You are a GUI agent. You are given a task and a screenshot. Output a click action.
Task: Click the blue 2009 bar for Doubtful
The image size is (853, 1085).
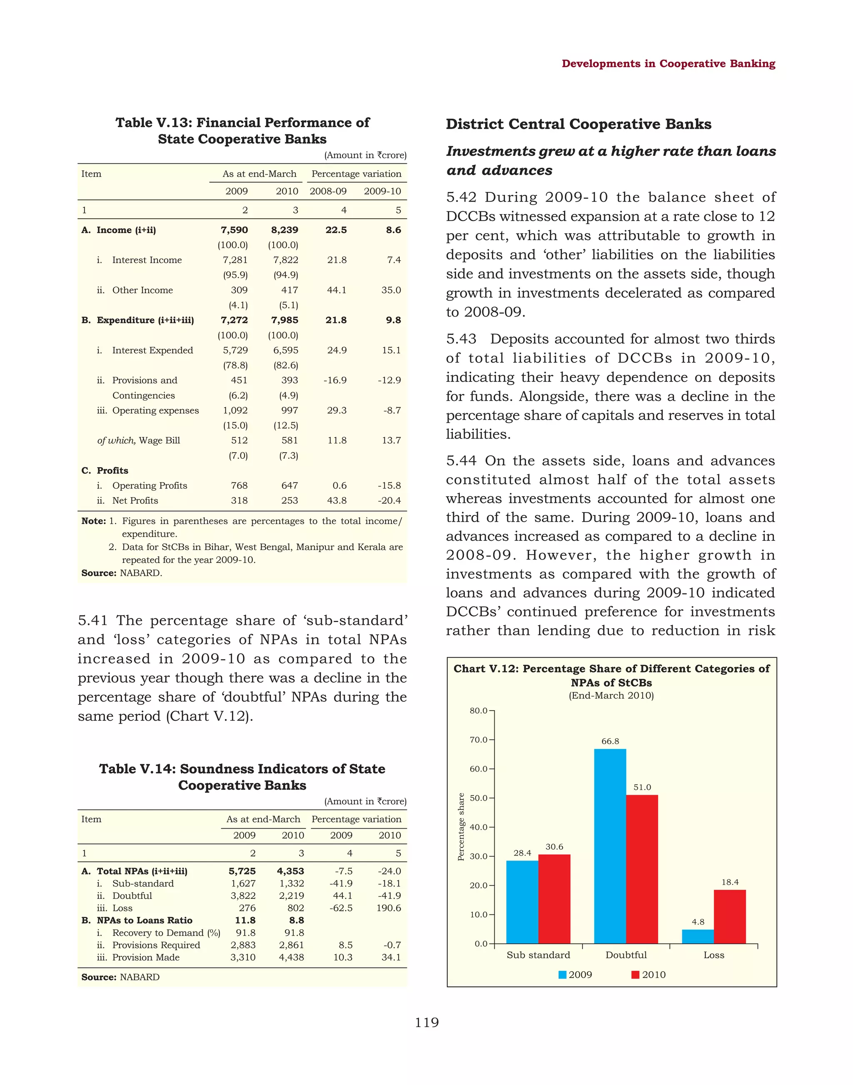click(x=610, y=846)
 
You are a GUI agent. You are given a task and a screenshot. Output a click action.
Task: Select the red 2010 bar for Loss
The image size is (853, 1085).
click(x=730, y=917)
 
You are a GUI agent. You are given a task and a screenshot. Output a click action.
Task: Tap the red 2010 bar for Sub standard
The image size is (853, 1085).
click(x=554, y=899)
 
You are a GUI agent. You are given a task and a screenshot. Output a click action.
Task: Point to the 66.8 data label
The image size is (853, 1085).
click(x=610, y=742)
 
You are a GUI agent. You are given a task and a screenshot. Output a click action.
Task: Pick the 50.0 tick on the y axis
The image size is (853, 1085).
click(x=479, y=798)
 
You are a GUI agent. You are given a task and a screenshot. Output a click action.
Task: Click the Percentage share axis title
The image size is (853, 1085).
click(x=461, y=826)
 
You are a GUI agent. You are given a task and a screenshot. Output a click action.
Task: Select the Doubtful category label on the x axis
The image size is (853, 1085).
click(x=626, y=955)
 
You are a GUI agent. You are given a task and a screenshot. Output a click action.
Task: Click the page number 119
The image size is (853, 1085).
click(x=426, y=1023)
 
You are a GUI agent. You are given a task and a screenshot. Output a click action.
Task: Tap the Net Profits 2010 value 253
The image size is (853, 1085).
click(x=289, y=500)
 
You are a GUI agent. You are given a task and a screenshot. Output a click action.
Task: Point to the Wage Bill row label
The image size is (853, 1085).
click(x=138, y=440)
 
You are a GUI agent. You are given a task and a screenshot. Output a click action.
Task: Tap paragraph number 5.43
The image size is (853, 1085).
click(x=461, y=339)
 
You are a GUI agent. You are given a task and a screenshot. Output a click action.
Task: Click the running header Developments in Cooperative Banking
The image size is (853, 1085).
click(x=668, y=63)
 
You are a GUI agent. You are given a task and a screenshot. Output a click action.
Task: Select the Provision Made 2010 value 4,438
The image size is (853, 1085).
click(x=291, y=957)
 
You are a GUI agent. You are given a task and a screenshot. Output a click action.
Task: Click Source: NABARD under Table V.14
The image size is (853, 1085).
click(x=120, y=977)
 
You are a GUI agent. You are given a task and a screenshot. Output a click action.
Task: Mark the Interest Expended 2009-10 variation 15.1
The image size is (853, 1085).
click(x=391, y=350)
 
